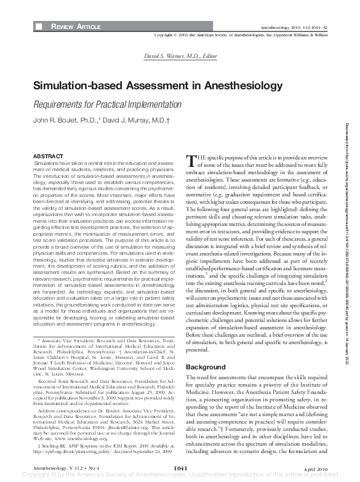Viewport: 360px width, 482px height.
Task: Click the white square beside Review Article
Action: click(x=39, y=28)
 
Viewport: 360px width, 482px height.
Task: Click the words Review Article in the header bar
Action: click(x=76, y=28)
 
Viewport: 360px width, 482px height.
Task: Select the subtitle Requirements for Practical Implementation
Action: click(x=107, y=105)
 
